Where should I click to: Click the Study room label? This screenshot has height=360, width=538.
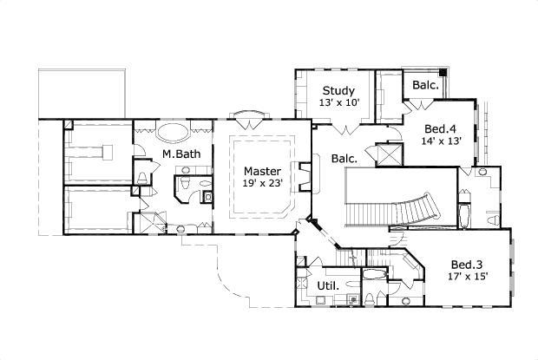point(338,90)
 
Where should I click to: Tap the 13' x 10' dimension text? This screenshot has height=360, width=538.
point(338,102)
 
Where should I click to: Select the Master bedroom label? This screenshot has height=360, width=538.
point(261,171)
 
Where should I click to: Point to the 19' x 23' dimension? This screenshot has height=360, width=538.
point(261,183)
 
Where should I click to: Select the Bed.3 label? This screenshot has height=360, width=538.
point(468,265)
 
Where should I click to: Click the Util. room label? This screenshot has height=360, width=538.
point(327,285)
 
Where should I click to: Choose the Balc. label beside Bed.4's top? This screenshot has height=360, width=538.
point(423,85)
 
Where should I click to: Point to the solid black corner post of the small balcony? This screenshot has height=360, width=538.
point(443,71)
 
